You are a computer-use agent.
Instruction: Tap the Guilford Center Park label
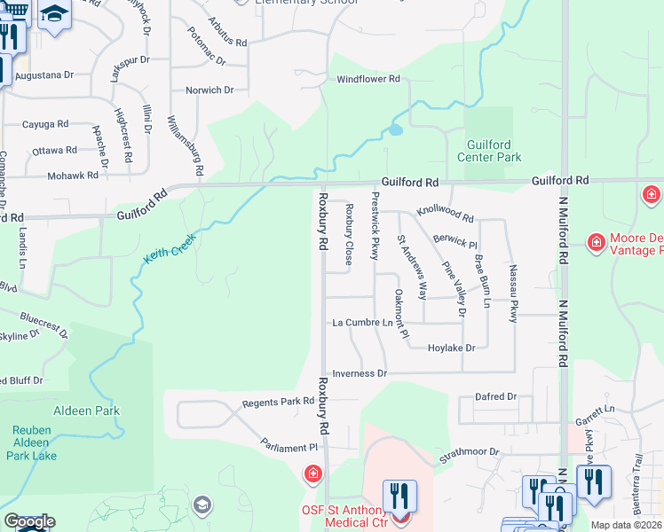pyautogui.click(x=489, y=151)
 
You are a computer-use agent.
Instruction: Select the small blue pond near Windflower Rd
pyautogui.click(x=395, y=130)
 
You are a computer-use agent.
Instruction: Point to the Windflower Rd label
pyautogui.click(x=368, y=79)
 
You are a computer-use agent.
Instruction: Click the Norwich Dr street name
pyautogui.click(x=209, y=90)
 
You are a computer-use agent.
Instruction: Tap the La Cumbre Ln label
pyautogui.click(x=361, y=324)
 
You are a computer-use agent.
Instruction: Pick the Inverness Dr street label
pyautogui.click(x=360, y=374)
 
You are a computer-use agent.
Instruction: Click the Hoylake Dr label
pyautogui.click(x=452, y=348)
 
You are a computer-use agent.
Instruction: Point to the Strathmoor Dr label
pyautogui.click(x=470, y=452)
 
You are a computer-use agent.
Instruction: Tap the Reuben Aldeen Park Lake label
pyautogui.click(x=33, y=443)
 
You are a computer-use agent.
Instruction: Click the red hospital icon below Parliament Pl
pyautogui.click(x=312, y=476)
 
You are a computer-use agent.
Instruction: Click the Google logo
pyautogui.click(x=29, y=521)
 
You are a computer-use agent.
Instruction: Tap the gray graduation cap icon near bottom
pyautogui.click(x=202, y=504)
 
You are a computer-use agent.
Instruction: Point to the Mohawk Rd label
pyautogui.click(x=73, y=176)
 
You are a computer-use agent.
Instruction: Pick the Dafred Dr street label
pyautogui.click(x=495, y=397)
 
